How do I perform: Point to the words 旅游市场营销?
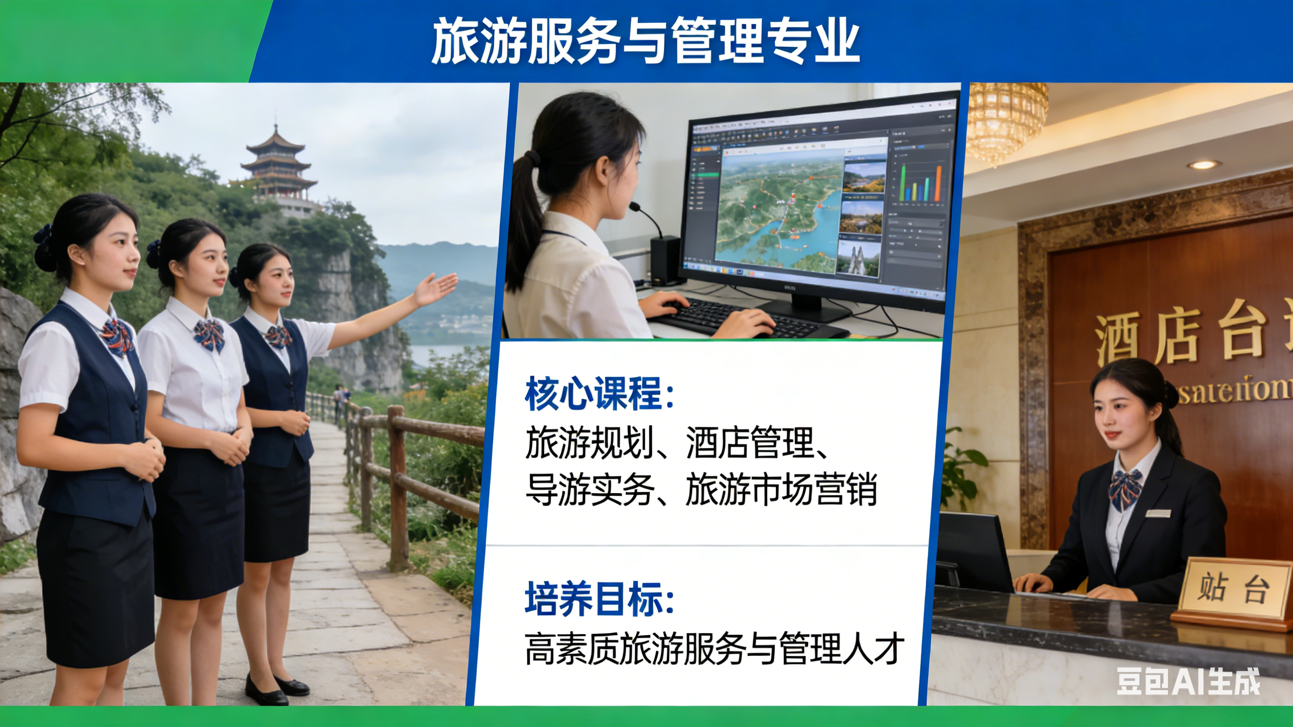pos(781,490)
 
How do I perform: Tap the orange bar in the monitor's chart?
pos(938,183)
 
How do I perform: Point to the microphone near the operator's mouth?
pos(637,206)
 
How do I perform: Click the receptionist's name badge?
pos(1158,513)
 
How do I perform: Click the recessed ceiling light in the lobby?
pos(1203,165)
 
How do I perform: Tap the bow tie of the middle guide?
pos(209,334)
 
